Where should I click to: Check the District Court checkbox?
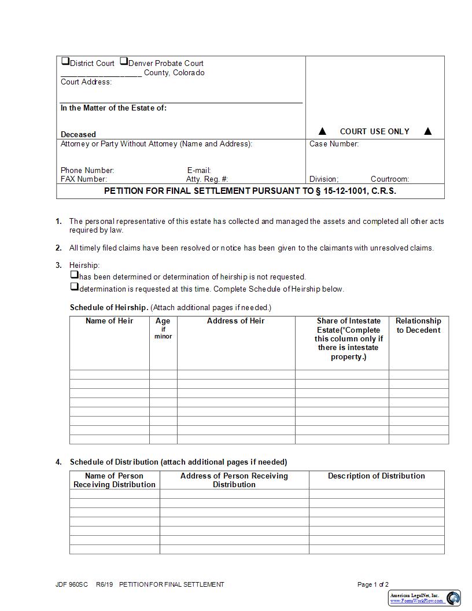[x=65, y=61]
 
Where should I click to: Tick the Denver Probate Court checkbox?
[x=124, y=61]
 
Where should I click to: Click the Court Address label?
[x=86, y=82]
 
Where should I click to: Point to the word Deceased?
[x=78, y=134]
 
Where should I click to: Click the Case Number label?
[x=334, y=144]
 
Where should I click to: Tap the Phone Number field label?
[x=87, y=171]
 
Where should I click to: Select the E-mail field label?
[x=199, y=171]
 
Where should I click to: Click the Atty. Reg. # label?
[x=207, y=179]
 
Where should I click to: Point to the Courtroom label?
[x=389, y=179]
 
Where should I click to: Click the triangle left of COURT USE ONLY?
[x=323, y=131]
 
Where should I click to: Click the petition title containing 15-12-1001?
[x=250, y=191]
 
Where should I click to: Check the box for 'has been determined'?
[x=74, y=275]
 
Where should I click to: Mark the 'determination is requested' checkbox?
[x=74, y=287]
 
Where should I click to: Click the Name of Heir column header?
[x=109, y=321]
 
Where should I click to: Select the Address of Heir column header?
[x=235, y=321]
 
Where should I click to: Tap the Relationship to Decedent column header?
[x=418, y=326]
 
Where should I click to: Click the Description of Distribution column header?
[x=376, y=476]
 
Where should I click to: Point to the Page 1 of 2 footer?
[x=373, y=584]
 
